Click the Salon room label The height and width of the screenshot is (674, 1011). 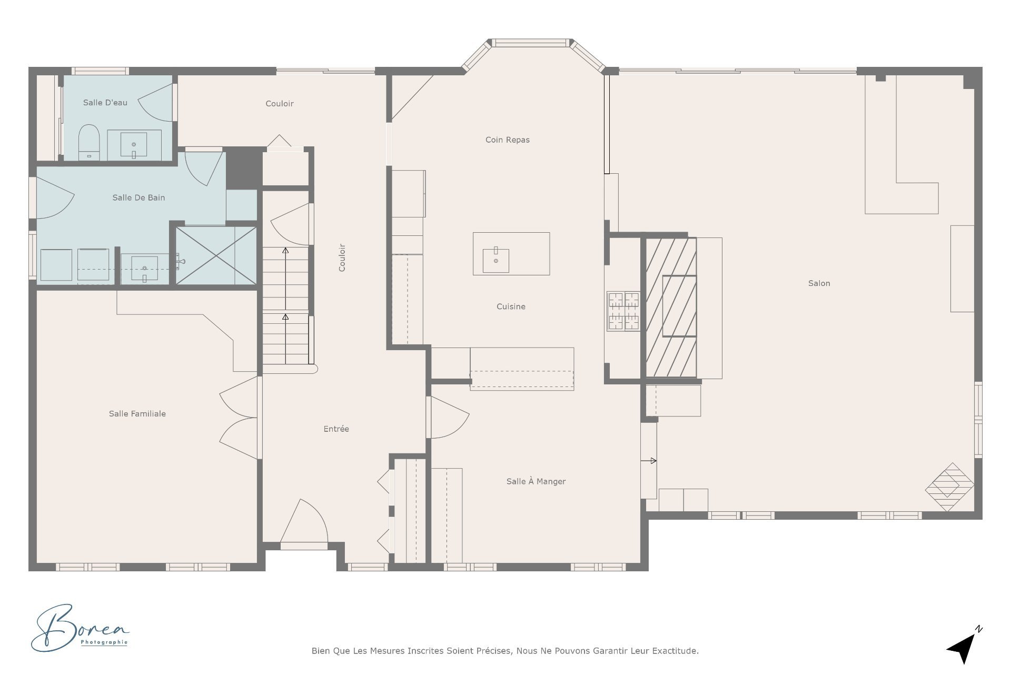tap(819, 283)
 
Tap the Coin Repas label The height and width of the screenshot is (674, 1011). tap(507, 140)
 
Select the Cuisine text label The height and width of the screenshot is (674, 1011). tap(511, 306)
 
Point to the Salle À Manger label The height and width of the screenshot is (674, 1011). tap(536, 481)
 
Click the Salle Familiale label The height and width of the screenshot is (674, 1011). tap(137, 414)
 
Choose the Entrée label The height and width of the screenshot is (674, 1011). tap(336, 429)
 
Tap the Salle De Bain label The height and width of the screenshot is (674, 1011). tap(138, 197)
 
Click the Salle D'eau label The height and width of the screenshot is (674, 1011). tap(105, 103)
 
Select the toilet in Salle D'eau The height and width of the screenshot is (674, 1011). tap(89, 141)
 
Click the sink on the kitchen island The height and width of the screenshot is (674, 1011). tap(495, 260)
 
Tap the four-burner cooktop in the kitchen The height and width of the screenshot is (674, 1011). tap(623, 311)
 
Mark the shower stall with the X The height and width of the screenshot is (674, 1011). tap(216, 256)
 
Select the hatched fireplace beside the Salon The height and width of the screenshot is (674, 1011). tap(671, 308)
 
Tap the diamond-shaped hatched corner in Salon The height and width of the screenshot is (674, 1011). tap(949, 487)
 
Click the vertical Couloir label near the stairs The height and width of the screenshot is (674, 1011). tap(342, 257)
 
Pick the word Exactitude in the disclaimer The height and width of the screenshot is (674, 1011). tap(675, 651)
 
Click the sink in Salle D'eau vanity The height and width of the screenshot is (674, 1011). tap(134, 144)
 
